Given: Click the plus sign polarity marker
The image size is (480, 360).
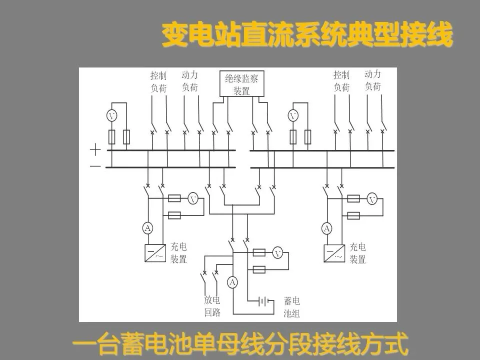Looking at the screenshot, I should click(95, 149).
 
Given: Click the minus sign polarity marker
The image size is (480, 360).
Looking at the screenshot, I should click(95, 166).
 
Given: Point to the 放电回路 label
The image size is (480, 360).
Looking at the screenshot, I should click(212, 306).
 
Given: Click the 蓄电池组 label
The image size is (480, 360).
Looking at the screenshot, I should click(291, 307).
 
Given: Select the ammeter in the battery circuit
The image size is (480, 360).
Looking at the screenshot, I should click(232, 282).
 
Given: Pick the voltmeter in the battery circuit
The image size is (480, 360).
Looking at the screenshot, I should click(278, 253).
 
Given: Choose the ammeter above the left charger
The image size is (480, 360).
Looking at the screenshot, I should click(148, 228).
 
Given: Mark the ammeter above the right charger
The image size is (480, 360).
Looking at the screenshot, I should click(326, 228).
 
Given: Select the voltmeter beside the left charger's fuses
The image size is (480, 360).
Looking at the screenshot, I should click(193, 199).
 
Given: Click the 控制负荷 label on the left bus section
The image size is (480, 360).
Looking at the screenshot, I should click(158, 81).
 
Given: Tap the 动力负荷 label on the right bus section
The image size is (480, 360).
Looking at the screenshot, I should click(372, 80).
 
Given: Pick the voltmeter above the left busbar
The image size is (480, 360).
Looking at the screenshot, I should click(112, 116).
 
